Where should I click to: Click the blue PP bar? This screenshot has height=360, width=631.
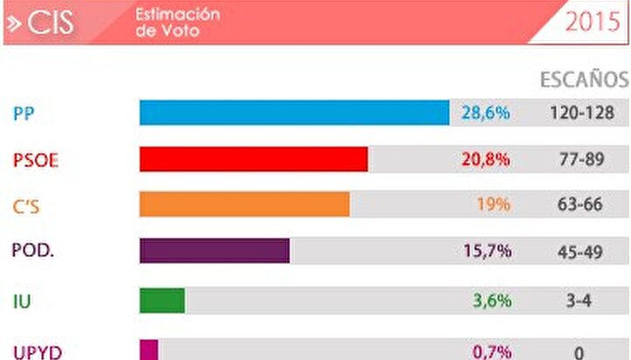click(294, 113)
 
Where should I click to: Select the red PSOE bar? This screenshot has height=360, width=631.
click(253, 159)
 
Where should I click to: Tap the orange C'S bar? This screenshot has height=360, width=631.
click(244, 204)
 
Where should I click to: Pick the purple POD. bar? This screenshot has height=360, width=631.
click(214, 250)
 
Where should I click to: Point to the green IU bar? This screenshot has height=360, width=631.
click(162, 301)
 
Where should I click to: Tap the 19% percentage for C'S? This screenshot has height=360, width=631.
click(493, 204)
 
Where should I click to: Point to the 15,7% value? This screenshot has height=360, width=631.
click(486, 251)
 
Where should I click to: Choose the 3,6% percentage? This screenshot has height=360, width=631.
click(491, 301)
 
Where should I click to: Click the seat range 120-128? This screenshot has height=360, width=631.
click(583, 113)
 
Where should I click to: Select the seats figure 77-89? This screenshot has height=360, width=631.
click(582, 159)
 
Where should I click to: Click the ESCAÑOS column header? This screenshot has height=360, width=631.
click(583, 80)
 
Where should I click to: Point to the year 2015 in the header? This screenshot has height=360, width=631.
click(593, 22)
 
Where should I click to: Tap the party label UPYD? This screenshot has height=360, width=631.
click(36, 351)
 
